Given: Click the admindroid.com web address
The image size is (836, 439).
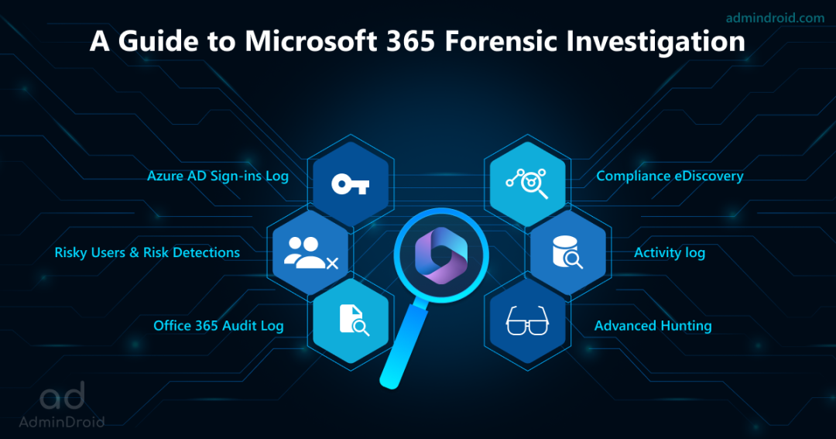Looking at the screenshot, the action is [775, 18].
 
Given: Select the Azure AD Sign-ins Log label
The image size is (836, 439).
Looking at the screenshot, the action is [218, 176].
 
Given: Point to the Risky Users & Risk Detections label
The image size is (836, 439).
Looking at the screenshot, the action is [147, 252].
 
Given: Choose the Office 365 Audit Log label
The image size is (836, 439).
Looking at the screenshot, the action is [218, 325].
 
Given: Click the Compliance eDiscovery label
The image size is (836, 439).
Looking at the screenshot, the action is [670, 176].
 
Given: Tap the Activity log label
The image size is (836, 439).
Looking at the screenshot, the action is [670, 252].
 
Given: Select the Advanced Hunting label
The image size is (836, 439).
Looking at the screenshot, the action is [653, 325].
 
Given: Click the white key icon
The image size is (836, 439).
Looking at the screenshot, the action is [351, 184].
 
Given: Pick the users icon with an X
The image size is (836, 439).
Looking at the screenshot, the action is [311, 253].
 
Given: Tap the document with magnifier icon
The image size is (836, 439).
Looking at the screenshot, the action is [354, 320].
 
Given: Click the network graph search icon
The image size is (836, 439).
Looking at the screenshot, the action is [527, 183].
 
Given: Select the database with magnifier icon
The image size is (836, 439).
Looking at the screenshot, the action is [567, 252].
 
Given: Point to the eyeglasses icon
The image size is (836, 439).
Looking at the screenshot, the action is [527, 321].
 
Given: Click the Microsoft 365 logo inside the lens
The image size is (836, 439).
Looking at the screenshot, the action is [441, 255].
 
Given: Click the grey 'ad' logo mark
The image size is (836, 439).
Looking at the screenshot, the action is [63, 396].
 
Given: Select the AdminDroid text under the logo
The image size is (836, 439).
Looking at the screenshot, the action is [62, 422].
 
